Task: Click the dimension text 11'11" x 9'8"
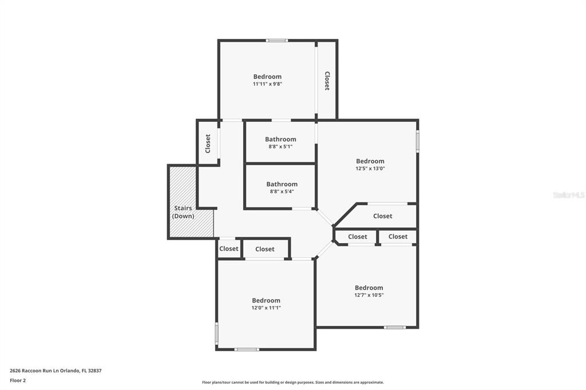[267, 84]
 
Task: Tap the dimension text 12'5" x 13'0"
[370, 169]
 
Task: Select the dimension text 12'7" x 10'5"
[369, 295]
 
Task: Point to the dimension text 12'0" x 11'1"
[266, 308]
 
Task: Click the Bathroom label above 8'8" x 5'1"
[280, 140]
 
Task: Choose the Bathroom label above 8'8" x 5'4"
[282, 184]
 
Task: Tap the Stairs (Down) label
[183, 212]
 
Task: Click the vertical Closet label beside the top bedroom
[327, 81]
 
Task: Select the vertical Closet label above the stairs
[208, 144]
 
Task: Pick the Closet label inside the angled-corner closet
[383, 216]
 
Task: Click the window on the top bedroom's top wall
[277, 41]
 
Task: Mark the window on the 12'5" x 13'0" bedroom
[417, 141]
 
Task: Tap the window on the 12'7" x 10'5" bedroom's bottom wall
[395, 328]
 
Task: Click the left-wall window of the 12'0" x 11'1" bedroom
[216, 334]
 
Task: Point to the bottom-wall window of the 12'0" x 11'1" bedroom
[247, 349]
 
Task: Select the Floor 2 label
[18, 381]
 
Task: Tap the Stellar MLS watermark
[569, 195]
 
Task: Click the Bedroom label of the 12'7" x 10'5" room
[369, 288]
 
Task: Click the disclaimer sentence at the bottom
[293, 382]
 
